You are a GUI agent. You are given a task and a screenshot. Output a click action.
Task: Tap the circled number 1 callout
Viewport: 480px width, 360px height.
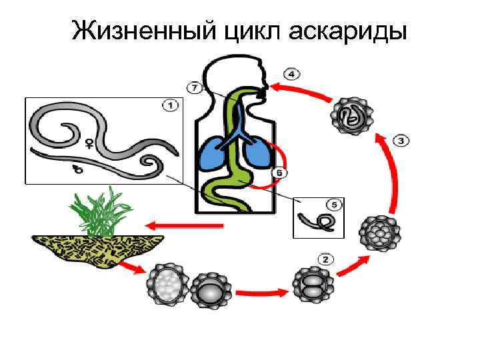pos(169,105)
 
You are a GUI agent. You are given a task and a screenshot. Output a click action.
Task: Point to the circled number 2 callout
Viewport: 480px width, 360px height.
pos(325,259)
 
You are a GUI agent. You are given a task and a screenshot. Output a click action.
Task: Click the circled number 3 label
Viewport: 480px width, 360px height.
pos(401,141)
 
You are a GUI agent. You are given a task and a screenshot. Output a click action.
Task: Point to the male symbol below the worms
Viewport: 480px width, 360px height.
pos(78,170)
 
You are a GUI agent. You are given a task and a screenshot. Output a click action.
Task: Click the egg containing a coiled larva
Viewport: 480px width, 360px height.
pos(351,116)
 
